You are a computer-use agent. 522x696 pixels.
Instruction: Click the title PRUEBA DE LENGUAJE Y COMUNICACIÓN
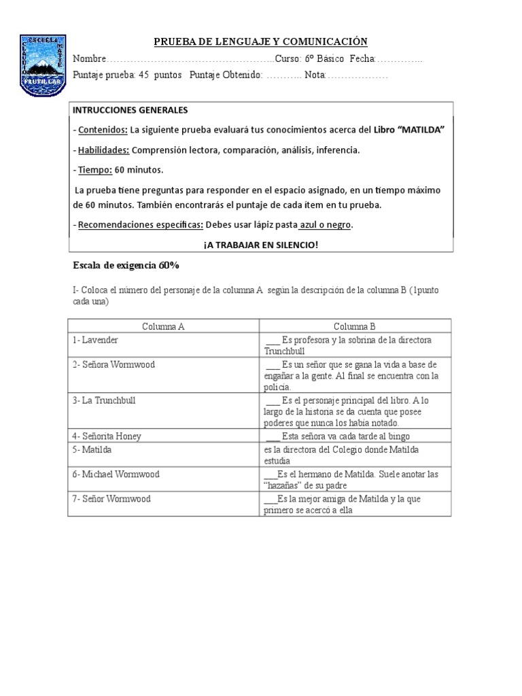coord(260,42)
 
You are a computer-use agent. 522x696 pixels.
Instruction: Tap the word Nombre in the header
coord(89,59)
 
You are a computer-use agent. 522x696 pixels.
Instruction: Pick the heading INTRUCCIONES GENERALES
coord(130,110)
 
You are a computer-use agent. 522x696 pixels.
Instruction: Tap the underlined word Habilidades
coord(103,150)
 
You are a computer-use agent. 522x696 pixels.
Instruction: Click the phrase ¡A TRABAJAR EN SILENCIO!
coord(260,245)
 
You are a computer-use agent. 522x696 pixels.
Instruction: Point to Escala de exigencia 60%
coord(125,265)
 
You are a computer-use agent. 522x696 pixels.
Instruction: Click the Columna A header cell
coord(163,326)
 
